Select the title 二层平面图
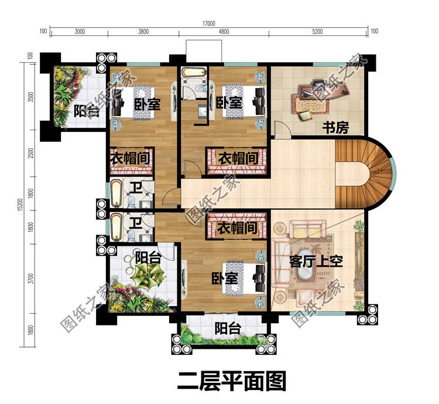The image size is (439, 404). click(231, 381)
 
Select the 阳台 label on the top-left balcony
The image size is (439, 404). click(86, 111)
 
